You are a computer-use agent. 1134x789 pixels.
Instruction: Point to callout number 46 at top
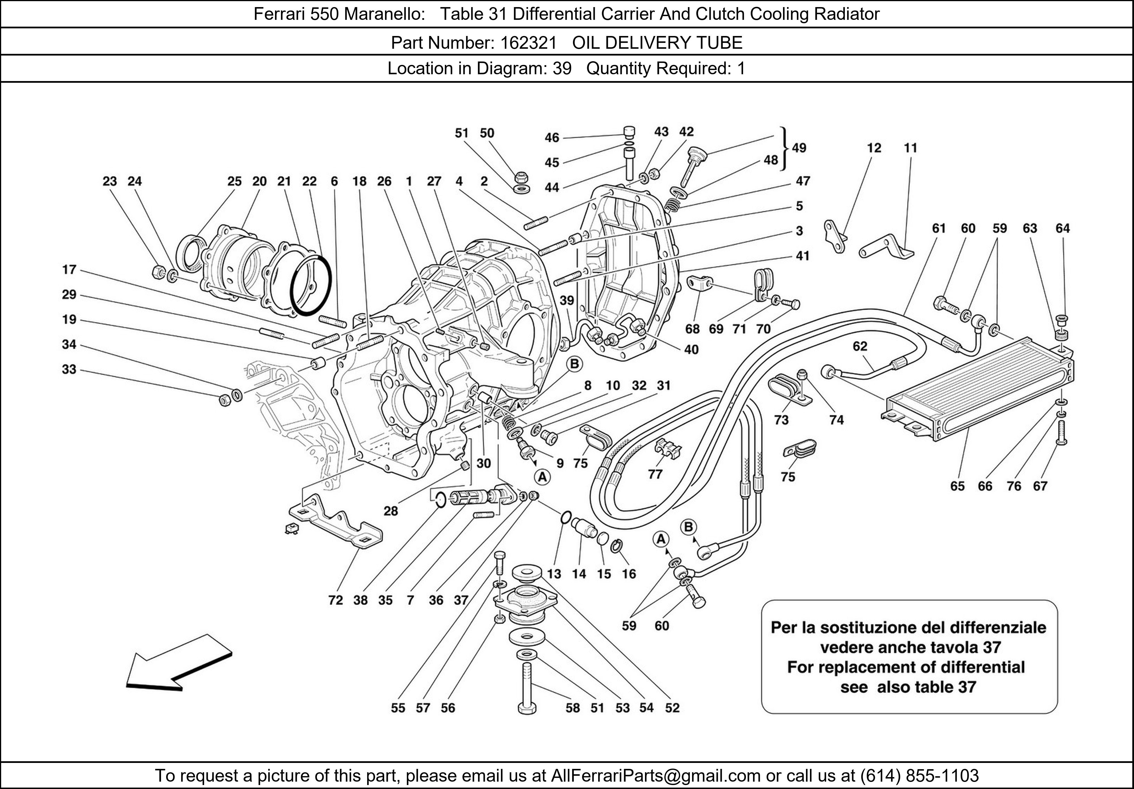coord(552,138)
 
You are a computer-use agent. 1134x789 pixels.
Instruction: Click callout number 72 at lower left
coord(335,600)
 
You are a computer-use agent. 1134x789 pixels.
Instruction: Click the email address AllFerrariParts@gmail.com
coord(655,776)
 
